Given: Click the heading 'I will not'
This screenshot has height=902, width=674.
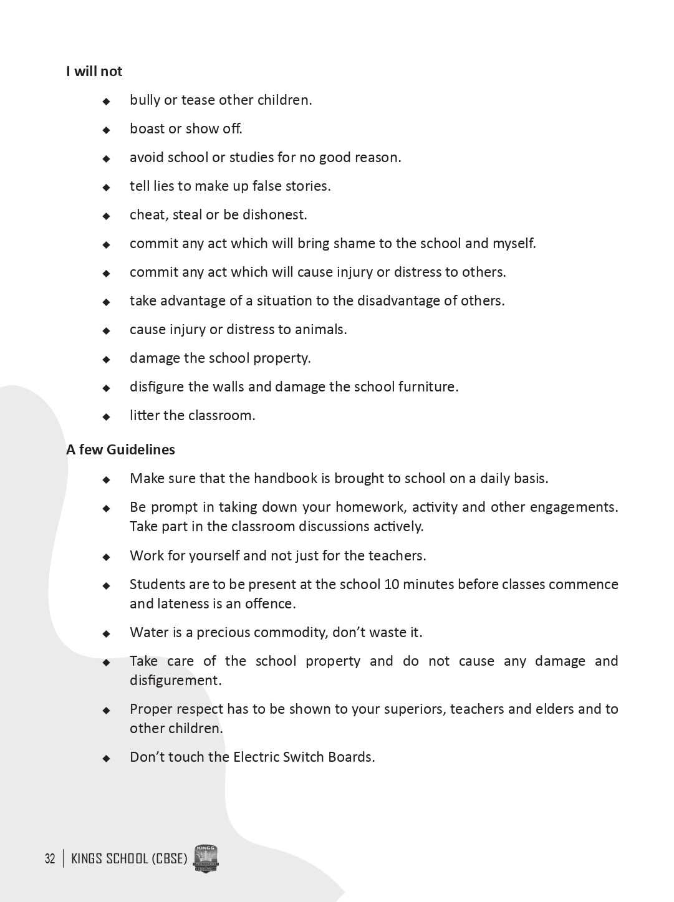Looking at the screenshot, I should click(x=94, y=72).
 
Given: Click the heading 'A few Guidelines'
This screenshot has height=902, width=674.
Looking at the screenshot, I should click(x=120, y=450).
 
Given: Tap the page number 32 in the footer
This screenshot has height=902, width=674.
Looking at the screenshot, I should click(x=50, y=859).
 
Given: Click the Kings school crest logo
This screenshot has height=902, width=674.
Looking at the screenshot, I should click(x=206, y=859).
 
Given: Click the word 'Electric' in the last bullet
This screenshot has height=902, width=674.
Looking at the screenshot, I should click(x=256, y=757).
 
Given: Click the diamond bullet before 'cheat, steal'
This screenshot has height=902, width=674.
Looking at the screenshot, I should click(x=106, y=216).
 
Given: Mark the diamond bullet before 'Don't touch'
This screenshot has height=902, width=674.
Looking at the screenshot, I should click(x=106, y=759).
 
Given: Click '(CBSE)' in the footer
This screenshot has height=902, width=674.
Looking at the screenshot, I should click(x=169, y=859).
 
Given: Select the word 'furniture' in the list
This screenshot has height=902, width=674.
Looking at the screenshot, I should click(x=426, y=387).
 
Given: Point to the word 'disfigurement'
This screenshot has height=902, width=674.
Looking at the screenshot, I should click(x=175, y=681).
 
